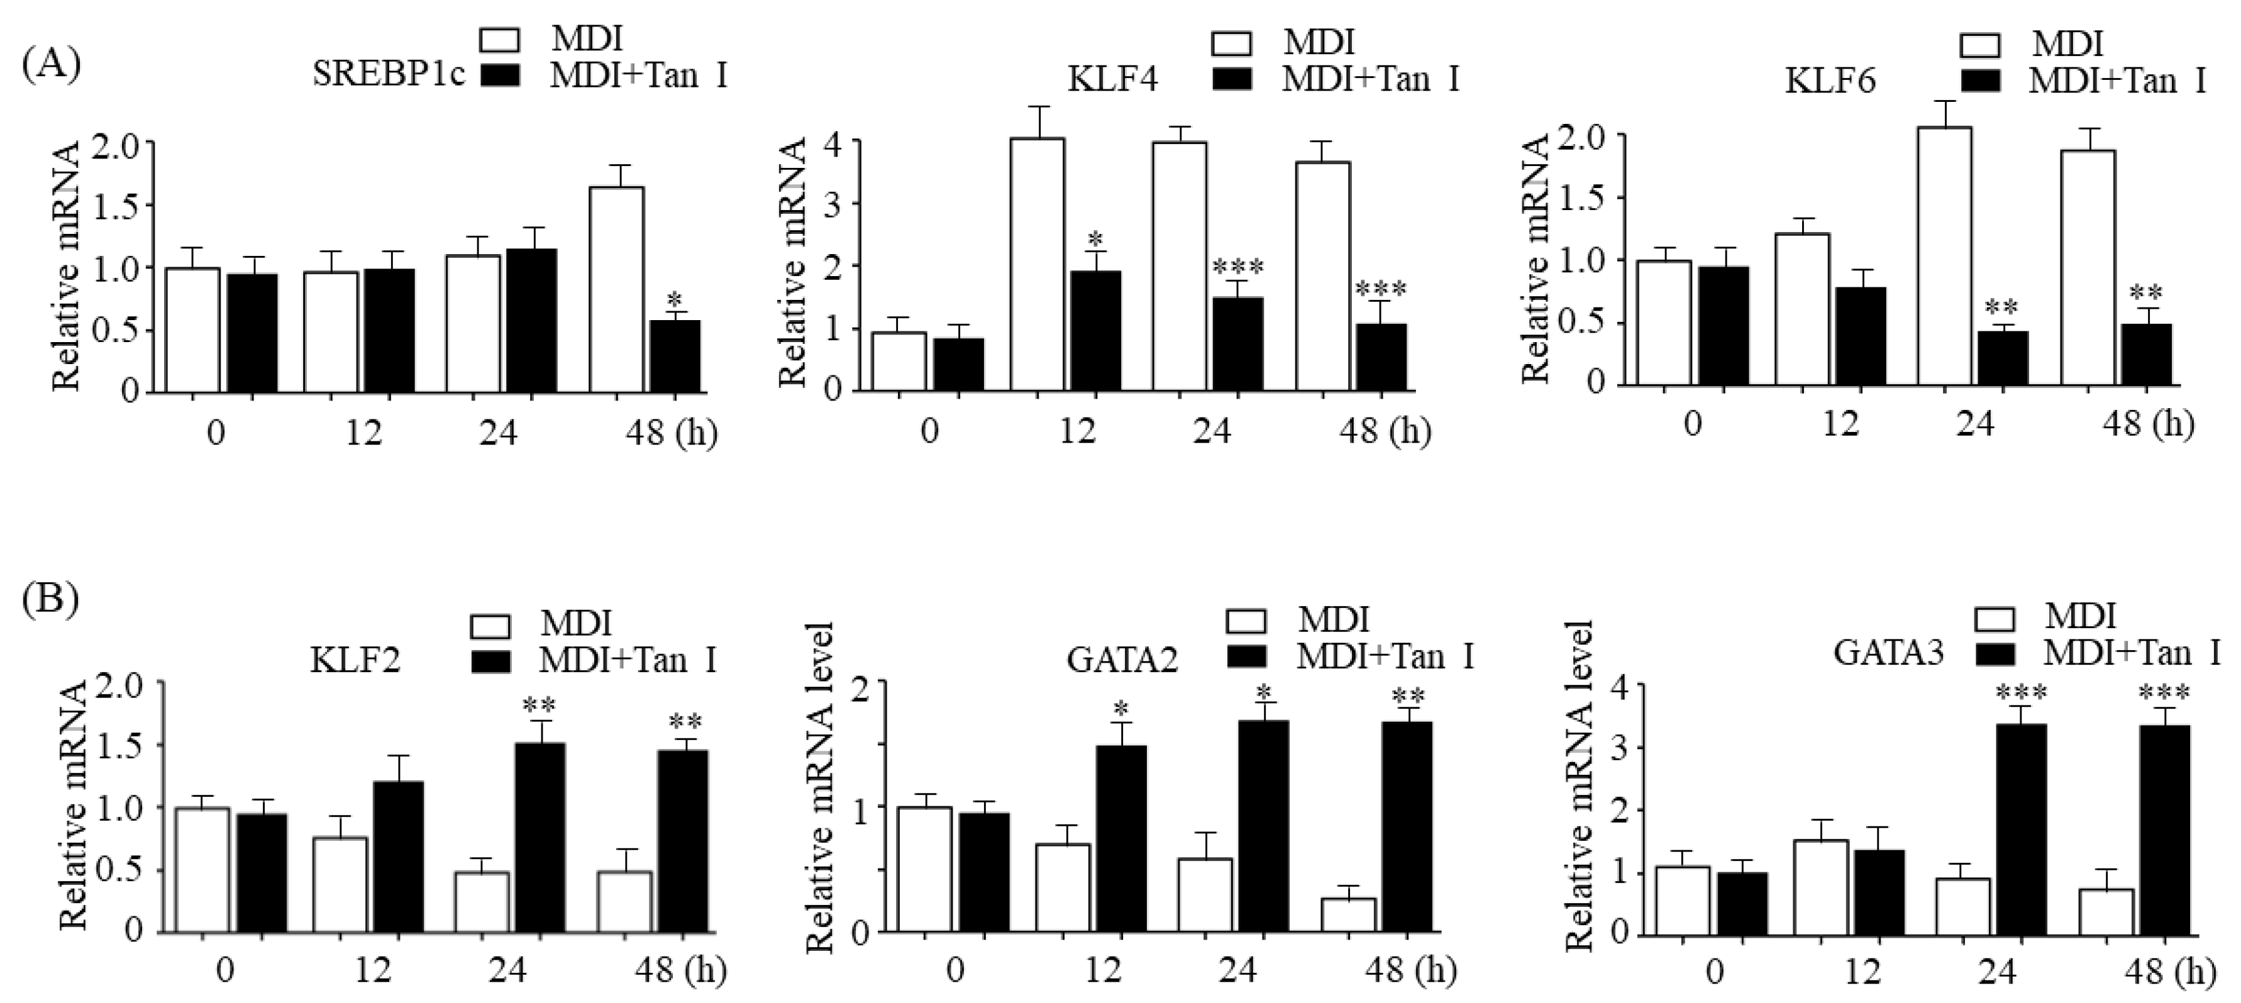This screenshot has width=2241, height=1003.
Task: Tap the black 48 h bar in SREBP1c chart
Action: (x=675, y=356)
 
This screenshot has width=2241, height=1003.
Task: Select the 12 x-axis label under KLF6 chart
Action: (x=1840, y=424)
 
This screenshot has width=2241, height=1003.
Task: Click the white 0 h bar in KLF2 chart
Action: (x=202, y=870)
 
